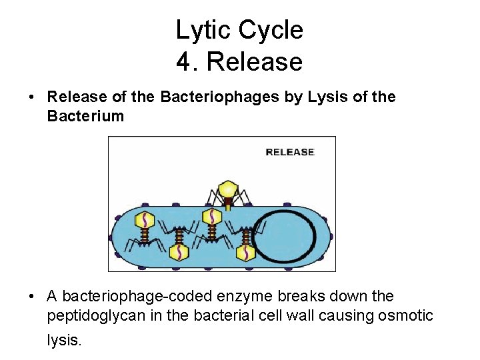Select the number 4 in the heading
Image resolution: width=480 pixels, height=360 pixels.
click(184, 62)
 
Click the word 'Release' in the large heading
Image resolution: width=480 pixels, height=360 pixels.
click(255, 62)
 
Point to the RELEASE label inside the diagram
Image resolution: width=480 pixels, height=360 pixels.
click(289, 152)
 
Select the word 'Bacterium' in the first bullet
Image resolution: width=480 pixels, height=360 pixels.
click(85, 117)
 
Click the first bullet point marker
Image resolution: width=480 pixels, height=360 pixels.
click(31, 98)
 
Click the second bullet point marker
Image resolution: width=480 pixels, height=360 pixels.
click(31, 296)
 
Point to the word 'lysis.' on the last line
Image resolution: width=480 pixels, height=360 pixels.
click(64, 340)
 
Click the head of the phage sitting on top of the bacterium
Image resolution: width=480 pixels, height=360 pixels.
click(229, 189)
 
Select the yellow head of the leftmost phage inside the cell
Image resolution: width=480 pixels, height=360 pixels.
click(145, 219)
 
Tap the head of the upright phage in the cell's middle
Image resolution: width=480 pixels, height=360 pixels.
click(212, 217)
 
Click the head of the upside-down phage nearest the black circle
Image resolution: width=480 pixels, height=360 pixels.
click(245, 252)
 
